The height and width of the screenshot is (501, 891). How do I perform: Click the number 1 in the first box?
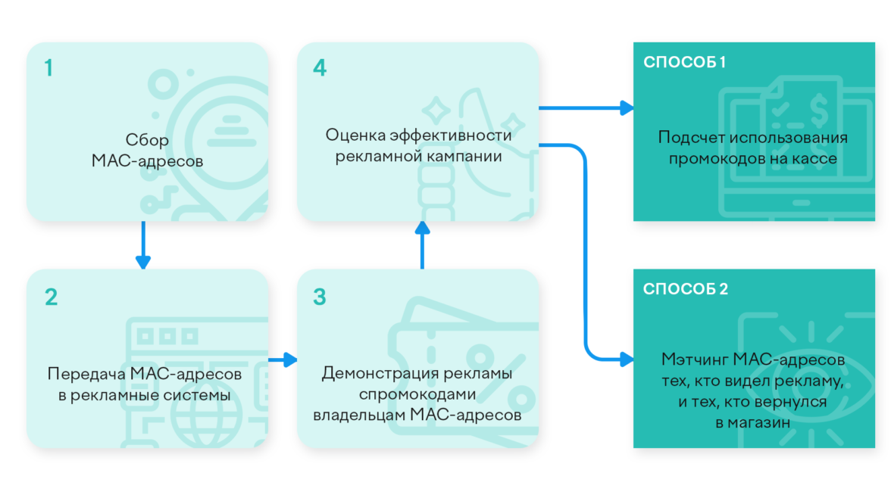[48, 68]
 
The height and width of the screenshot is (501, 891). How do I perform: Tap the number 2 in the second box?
[51, 297]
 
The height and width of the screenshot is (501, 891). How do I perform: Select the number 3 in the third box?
[320, 297]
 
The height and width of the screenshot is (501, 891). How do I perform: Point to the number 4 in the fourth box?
[320, 68]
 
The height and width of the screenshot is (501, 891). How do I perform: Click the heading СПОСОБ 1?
[684, 62]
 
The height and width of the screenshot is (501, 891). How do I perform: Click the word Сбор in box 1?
[147, 140]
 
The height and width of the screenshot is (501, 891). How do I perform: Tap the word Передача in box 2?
[86, 374]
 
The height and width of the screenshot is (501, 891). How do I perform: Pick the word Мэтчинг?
[687, 359]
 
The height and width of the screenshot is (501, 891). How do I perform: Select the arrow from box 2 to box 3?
[283, 359]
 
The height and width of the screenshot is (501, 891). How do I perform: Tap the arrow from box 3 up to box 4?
[422, 244]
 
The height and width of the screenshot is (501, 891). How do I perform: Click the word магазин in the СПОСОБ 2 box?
[759, 423]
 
